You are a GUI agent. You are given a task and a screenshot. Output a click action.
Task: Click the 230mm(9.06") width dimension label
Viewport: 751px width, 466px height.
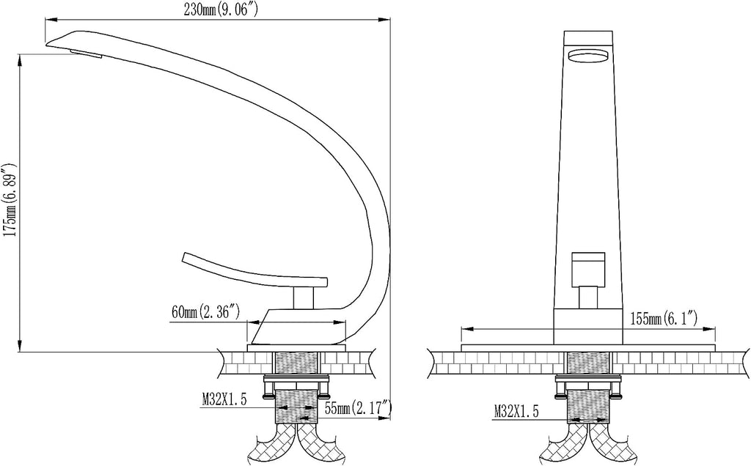point(221,10)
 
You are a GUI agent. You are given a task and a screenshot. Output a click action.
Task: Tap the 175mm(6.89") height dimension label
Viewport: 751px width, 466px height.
point(10,200)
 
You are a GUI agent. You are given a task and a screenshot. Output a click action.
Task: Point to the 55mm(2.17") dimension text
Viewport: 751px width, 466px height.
point(359,408)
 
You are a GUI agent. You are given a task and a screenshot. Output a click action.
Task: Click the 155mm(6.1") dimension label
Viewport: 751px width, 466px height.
point(664,318)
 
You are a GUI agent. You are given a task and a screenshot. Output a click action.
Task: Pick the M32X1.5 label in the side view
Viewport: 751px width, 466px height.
point(224,399)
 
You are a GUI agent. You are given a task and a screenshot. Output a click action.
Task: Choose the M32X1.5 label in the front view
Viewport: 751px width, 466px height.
point(516,410)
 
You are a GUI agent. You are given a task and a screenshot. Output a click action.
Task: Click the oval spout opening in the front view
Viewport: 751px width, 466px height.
point(588,56)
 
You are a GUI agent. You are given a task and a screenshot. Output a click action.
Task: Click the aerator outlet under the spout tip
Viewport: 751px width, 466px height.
point(87,53)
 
